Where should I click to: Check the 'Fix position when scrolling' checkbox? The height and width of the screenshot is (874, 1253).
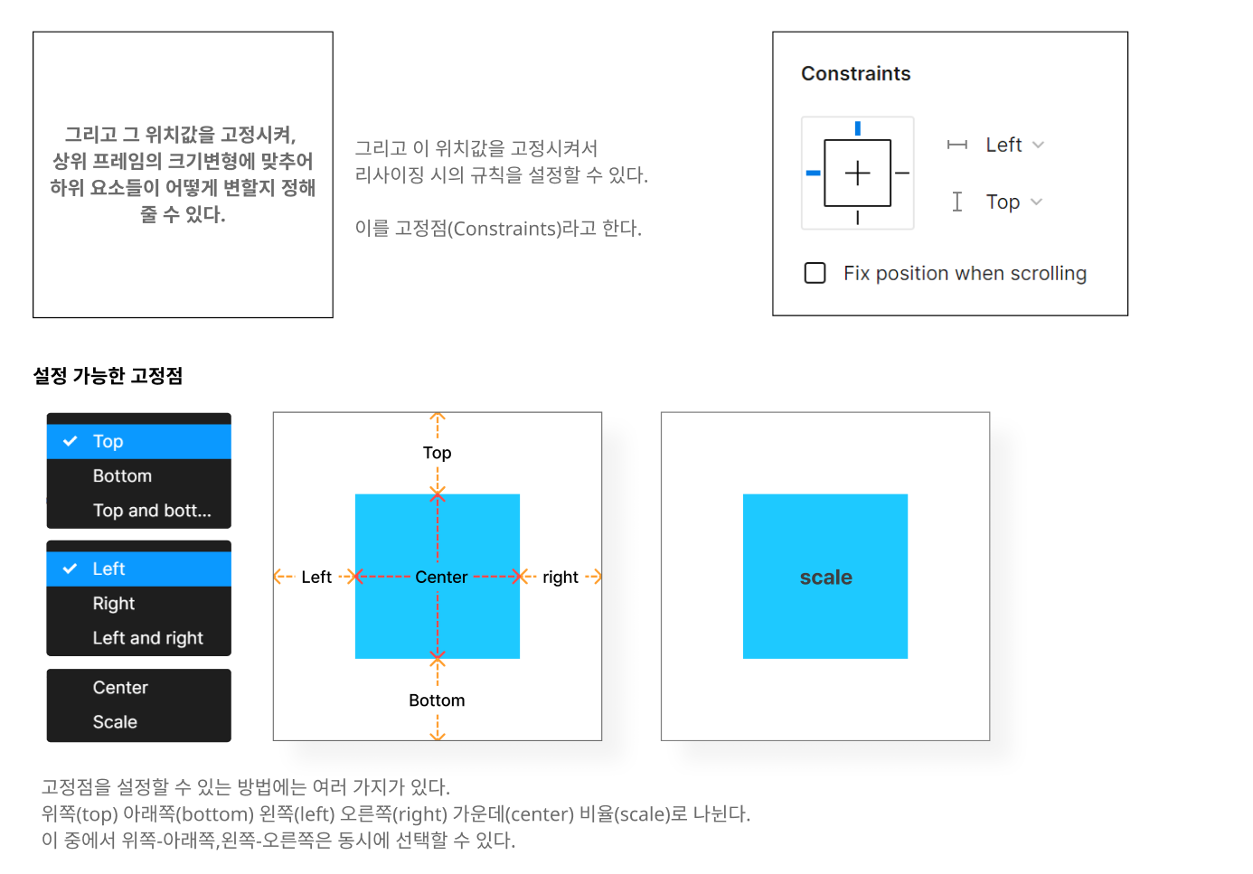(x=815, y=273)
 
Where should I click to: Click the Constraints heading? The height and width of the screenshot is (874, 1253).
(x=855, y=74)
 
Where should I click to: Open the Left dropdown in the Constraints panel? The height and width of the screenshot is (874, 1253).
(x=1014, y=145)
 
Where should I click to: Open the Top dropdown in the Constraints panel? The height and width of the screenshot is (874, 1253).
(x=1013, y=202)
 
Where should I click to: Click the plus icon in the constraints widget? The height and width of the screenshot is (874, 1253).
(x=857, y=173)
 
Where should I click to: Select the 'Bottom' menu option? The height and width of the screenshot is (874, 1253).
(x=122, y=476)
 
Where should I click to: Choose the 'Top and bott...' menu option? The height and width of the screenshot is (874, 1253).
(x=152, y=511)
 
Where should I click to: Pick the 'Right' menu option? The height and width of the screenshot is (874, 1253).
(x=114, y=604)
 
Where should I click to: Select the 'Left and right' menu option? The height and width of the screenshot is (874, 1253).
(x=148, y=638)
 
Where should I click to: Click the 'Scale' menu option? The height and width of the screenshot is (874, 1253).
(x=115, y=722)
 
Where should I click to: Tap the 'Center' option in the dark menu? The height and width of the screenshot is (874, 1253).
(x=120, y=688)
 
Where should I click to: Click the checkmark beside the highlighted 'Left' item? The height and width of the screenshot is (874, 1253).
(x=70, y=569)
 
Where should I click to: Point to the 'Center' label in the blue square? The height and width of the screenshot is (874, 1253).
(x=441, y=578)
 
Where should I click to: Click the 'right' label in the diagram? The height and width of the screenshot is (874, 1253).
(x=560, y=578)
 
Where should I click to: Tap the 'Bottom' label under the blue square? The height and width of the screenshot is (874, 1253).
(x=437, y=700)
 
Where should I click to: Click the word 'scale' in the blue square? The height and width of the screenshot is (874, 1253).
(x=825, y=578)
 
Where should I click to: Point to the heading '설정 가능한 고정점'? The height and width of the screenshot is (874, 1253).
(x=108, y=376)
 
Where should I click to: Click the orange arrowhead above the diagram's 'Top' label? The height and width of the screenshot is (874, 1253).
(x=438, y=417)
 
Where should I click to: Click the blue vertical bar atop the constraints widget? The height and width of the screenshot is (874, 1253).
(x=857, y=128)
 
